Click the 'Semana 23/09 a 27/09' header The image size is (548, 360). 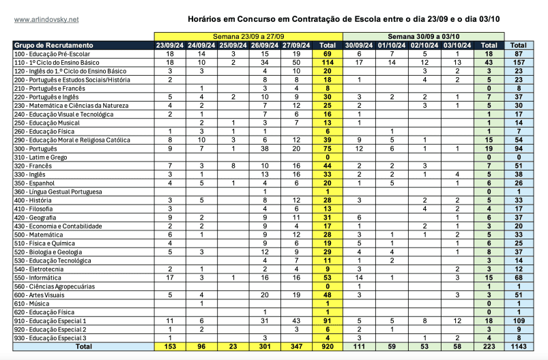(x=247, y=35)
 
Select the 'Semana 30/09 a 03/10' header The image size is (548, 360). (x=424, y=35)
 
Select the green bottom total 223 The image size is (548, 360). (x=489, y=347)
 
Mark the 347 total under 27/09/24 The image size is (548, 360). (x=296, y=347)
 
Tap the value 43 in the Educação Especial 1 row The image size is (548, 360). (x=296, y=320)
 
